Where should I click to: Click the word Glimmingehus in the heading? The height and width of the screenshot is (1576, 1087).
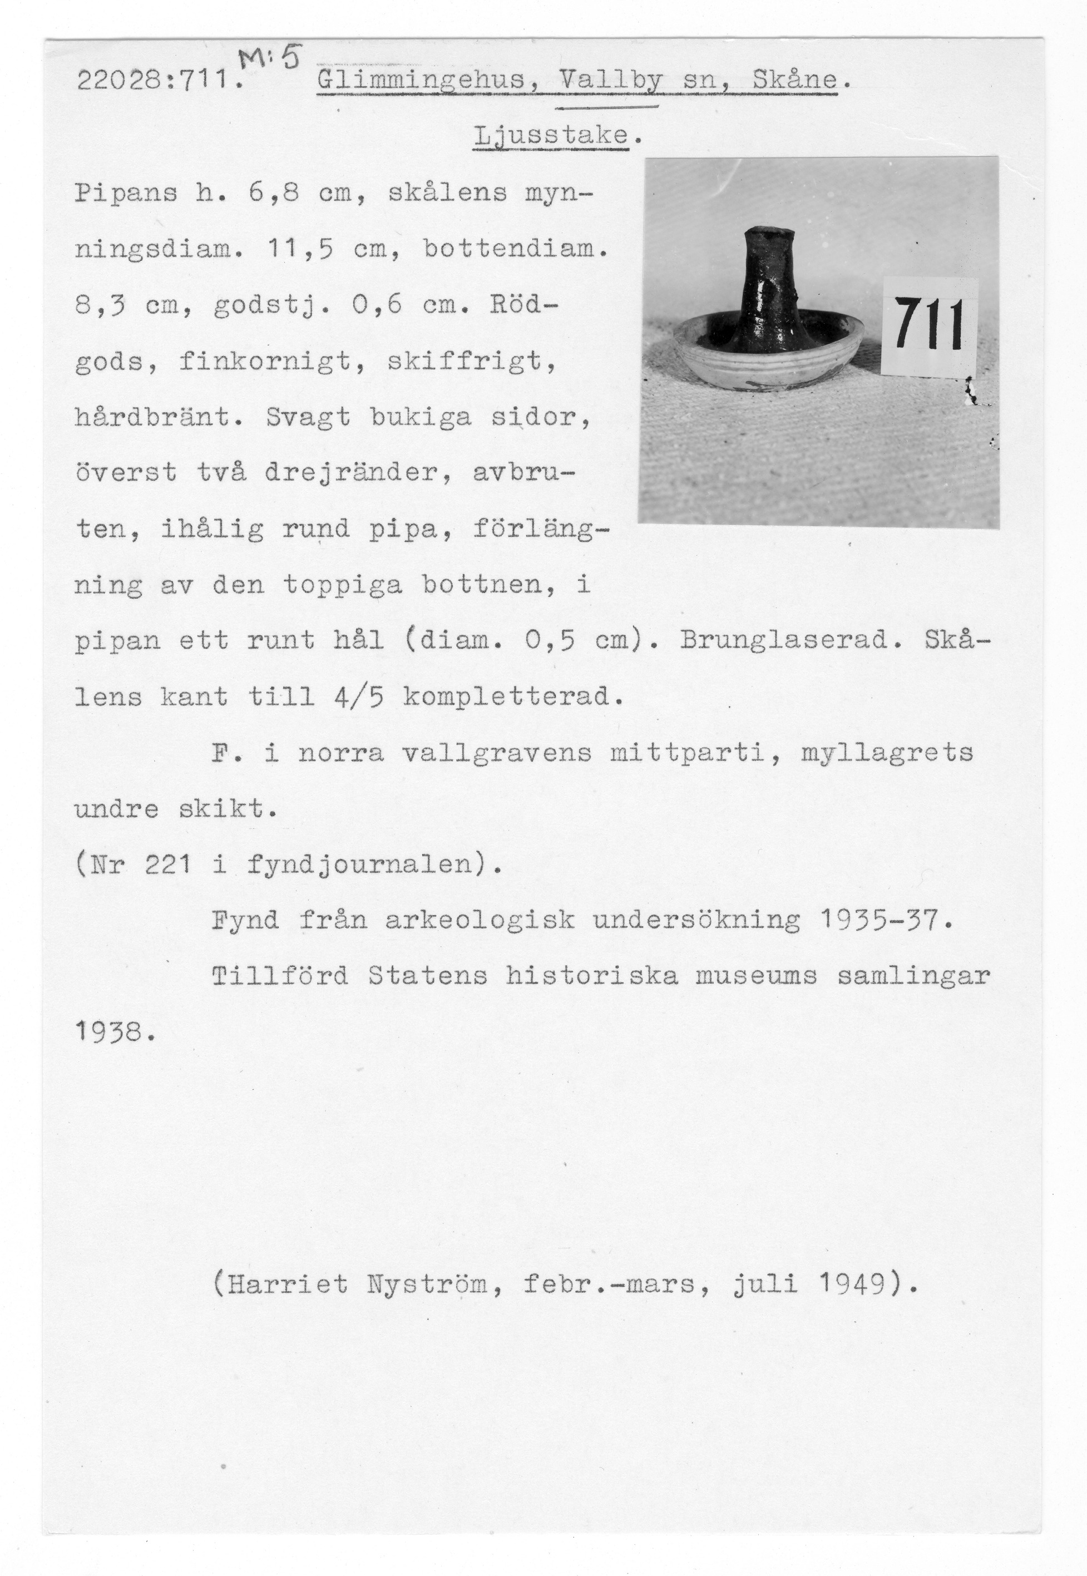tap(422, 82)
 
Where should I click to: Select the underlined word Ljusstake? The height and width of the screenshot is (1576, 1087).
tap(550, 137)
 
